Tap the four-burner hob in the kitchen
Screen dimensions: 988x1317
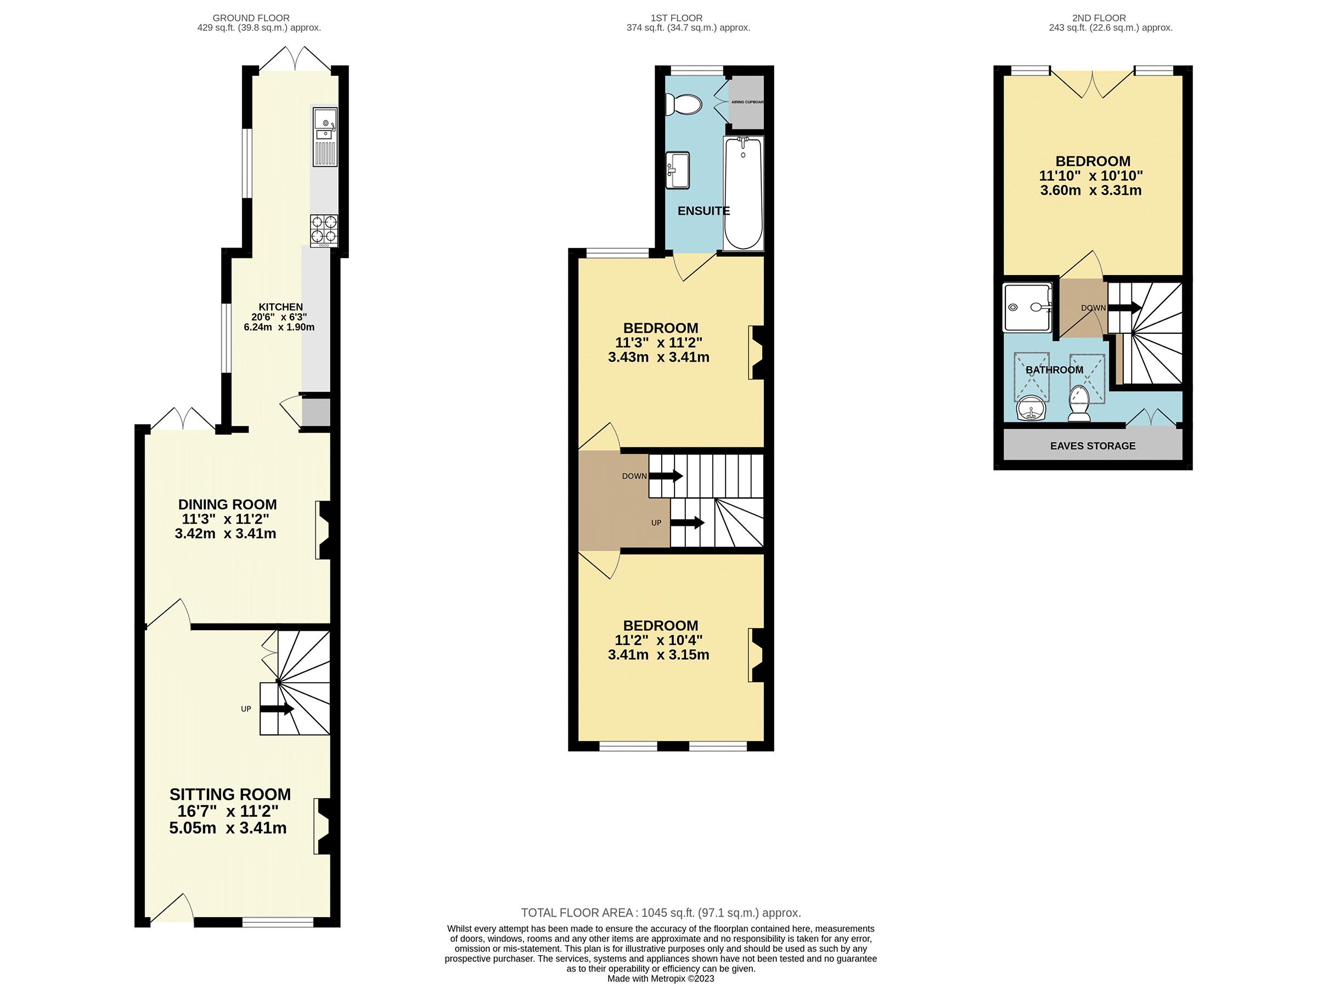pos(324,231)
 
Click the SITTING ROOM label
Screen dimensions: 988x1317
pos(230,794)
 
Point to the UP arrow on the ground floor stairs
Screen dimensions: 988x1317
pos(277,709)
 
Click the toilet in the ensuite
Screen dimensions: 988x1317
pos(685,105)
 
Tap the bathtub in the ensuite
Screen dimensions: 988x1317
pos(742,194)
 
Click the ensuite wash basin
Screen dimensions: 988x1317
pos(678,170)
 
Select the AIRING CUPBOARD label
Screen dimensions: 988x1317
pos(747,102)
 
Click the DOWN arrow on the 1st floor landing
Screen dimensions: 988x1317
pos(666,476)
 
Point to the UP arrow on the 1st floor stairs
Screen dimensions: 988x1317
pos(687,523)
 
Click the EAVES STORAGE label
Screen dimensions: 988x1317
pos(1093,446)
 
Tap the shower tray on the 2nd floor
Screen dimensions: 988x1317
pos(1027,307)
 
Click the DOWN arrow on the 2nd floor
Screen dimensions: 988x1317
pos(1124,308)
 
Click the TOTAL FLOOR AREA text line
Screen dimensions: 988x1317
pos(661,913)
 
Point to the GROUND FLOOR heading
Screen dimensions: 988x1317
pos(251,18)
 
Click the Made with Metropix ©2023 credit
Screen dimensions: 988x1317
pos(660,979)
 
